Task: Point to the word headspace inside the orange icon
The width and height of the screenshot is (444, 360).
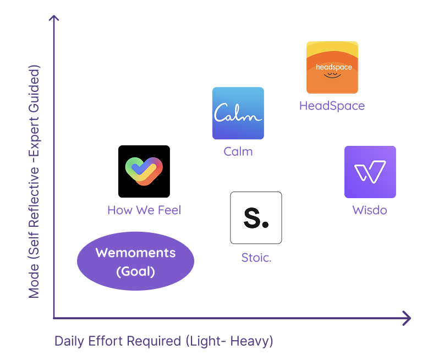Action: pyautogui.click(x=333, y=67)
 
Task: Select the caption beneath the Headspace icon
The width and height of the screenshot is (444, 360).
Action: pyautogui.click(x=331, y=107)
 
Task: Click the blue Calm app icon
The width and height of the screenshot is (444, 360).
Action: pyautogui.click(x=238, y=113)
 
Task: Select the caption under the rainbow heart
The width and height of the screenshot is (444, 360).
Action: pyautogui.click(x=144, y=211)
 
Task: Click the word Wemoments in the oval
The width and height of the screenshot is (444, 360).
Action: pyautogui.click(x=135, y=253)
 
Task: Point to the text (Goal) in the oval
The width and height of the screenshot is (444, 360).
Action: pyautogui.click(x=135, y=271)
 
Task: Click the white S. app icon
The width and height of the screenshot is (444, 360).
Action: pyautogui.click(x=256, y=218)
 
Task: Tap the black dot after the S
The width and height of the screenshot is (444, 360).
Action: pyautogui.click(x=266, y=225)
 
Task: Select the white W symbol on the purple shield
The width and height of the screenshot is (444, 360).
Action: pyautogui.click(x=370, y=172)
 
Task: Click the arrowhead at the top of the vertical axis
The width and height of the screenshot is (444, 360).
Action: pyautogui.click(x=53, y=20)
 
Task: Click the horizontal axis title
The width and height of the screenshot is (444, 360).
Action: pyautogui.click(x=163, y=343)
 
